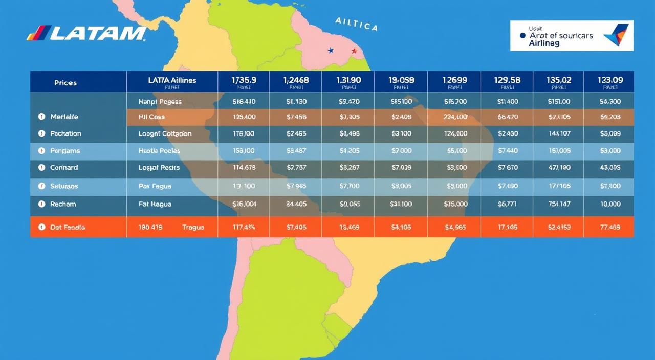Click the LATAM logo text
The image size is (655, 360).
[87, 33]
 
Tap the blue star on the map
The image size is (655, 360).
[331, 51]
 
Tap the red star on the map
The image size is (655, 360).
[354, 51]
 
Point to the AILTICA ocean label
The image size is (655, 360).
[356, 24]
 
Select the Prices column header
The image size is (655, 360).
[65, 83]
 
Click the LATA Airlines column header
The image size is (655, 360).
[172, 81]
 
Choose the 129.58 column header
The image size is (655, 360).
[507, 80]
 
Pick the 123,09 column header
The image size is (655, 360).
[610, 80]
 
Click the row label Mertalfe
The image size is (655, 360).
[64, 117]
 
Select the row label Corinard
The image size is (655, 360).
[64, 168]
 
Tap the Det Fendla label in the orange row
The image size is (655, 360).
[68, 227]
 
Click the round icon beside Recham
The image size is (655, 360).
[41, 204]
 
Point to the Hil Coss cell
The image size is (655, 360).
[151, 117]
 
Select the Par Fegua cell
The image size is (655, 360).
[155, 186]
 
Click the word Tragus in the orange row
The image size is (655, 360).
[193, 227]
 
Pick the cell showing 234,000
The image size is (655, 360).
[455, 117]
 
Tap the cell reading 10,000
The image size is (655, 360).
[610, 204]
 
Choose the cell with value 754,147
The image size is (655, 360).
[559, 204]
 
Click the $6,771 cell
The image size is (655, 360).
[507, 204]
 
